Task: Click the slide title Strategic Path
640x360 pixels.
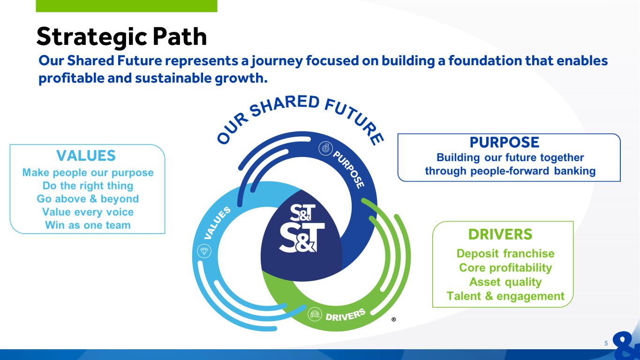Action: pos(122,37)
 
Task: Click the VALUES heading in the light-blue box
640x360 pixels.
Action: pos(86,156)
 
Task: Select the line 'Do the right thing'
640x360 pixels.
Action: pos(88,186)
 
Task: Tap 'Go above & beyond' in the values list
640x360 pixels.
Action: pos(88,199)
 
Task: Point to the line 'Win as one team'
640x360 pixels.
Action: pos(88,225)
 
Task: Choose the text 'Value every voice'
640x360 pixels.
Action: pos(88,212)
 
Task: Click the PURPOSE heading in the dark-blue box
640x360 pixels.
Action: pos(504,142)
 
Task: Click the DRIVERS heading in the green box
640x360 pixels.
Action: pos(500,234)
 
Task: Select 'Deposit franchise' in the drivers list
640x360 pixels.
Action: pos(505,254)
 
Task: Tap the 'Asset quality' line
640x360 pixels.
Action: pos(505,282)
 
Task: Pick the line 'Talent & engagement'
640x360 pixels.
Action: pos(505,296)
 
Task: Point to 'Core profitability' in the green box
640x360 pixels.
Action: pos(505,268)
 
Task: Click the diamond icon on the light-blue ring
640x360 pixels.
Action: pos(204,251)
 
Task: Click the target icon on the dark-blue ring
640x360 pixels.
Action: pos(326,149)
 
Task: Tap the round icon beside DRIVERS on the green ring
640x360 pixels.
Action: pos(315,314)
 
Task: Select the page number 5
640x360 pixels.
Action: pos(606,343)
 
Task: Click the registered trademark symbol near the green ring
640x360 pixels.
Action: pos(394,319)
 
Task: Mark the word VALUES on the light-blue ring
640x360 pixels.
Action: pos(217,223)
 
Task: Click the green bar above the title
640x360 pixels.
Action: pos(127,6)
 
